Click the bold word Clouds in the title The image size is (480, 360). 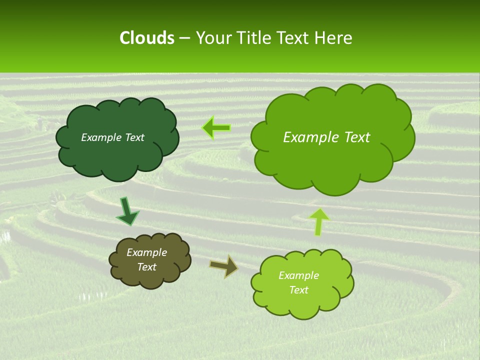146,38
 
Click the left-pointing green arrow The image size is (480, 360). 216,128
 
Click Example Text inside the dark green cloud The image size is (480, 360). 112,137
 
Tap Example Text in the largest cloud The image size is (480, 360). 326,137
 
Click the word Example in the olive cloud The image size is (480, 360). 146,252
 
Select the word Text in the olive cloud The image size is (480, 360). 146,267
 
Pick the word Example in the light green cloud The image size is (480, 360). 298,275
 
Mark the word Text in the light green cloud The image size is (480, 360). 298,290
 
